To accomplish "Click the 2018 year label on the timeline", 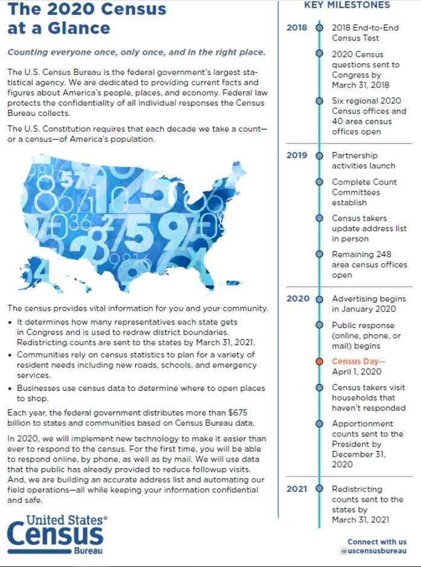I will point(296,28).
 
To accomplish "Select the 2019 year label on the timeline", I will point(296,155).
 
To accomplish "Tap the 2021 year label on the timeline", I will point(296,489).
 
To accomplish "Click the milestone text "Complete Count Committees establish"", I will point(364,192).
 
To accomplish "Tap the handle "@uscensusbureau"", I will point(373,551).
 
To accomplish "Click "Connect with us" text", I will point(377,542).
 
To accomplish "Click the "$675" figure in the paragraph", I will point(255,412).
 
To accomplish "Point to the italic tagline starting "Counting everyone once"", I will point(136,52).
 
